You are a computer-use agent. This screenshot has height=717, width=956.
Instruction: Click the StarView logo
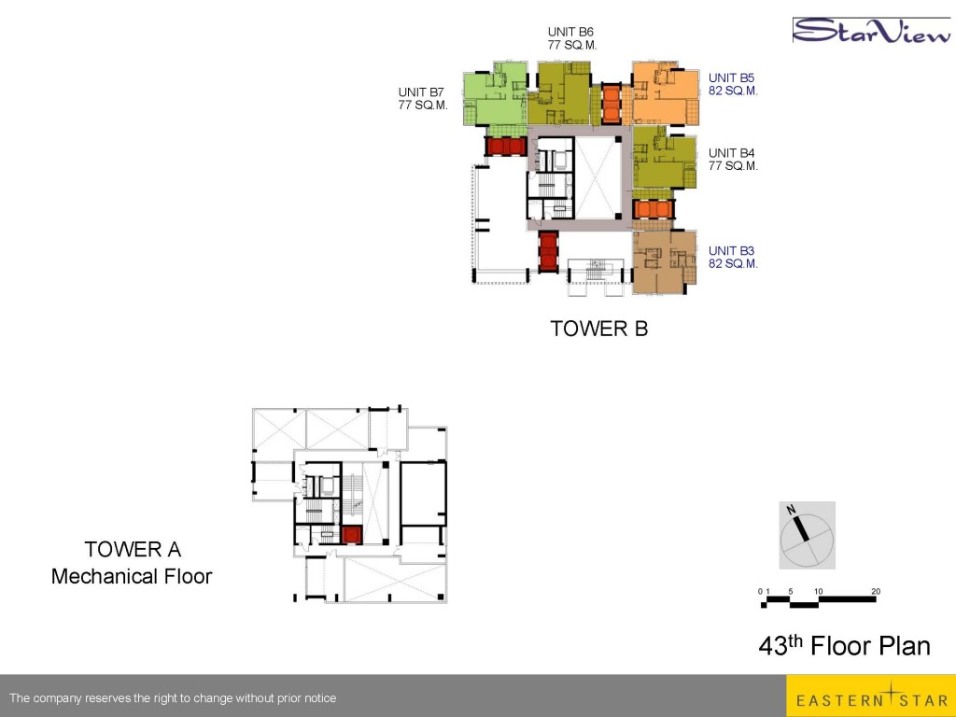coord(872,31)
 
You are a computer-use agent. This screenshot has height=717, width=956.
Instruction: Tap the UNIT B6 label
coord(570,32)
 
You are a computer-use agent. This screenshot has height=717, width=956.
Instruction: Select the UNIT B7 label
coord(421,92)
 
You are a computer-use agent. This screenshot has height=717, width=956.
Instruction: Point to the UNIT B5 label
coord(732,77)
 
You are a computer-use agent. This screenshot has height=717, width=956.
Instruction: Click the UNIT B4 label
coord(732,152)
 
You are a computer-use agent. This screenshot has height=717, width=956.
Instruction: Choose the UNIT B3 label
coord(732,250)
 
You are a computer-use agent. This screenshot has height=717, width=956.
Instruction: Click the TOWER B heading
coord(598,329)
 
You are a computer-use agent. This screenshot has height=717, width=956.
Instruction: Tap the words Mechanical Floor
coord(132,576)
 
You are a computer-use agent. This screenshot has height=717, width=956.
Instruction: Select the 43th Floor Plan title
coord(844,645)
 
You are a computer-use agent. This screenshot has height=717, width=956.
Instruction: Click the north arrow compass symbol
coord(807,536)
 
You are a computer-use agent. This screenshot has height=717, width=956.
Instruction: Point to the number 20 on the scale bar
coord(876,591)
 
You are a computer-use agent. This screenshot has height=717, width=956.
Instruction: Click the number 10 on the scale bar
coord(818,591)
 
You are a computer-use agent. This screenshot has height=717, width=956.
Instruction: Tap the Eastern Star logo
coord(871,696)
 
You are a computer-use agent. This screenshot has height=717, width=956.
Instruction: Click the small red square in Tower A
coord(352,535)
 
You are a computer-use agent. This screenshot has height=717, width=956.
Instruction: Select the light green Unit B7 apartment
coord(495,93)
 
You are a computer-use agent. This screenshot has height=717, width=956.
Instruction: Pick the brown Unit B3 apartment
coord(664,261)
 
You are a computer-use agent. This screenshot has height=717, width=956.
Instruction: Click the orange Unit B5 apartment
coord(665,93)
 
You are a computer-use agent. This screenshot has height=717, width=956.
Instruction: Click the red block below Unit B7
coord(505,147)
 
